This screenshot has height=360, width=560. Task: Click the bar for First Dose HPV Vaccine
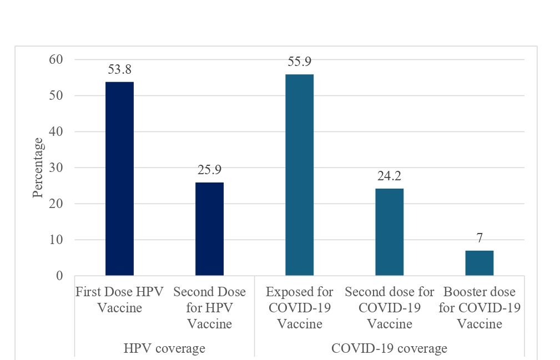(119, 178)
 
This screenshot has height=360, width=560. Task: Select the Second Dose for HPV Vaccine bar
(209, 229)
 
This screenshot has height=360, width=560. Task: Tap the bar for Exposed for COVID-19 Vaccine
(299, 175)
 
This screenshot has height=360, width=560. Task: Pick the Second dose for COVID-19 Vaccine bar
(389, 232)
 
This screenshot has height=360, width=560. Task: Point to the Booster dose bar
(479, 263)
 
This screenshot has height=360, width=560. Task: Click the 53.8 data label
(119, 70)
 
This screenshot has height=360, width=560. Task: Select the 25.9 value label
(209, 171)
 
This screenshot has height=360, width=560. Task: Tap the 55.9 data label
(299, 62)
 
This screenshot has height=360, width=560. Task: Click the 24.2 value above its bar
(389, 177)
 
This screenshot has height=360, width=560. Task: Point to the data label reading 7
(479, 239)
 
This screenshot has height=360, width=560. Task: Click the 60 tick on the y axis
(57, 59)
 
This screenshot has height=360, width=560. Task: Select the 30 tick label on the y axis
(57, 168)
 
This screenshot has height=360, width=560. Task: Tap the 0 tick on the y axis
(60, 276)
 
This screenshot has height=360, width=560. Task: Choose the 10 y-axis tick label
(57, 240)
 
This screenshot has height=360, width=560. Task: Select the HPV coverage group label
(164, 349)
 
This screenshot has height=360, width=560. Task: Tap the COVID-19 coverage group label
(389, 349)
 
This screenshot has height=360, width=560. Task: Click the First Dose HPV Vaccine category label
(119, 300)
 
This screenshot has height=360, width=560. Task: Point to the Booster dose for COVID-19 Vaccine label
(479, 308)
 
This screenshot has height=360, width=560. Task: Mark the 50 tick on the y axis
(57, 95)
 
